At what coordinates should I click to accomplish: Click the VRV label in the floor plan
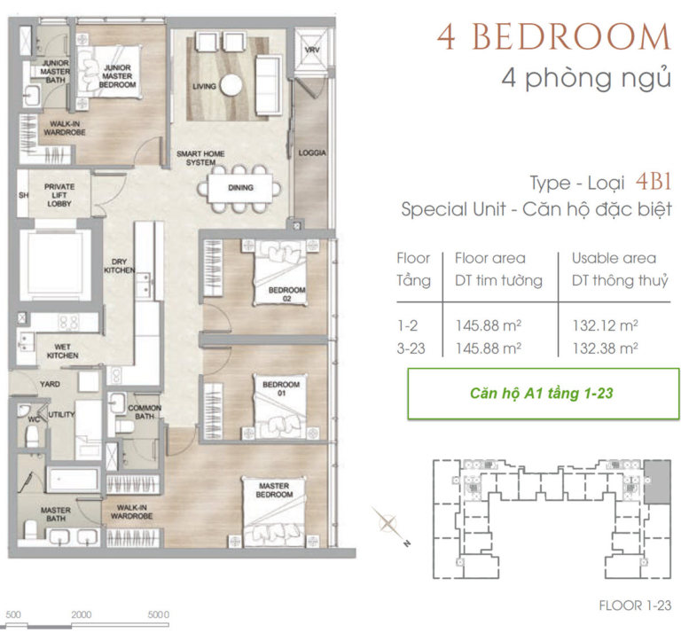(x=311, y=50)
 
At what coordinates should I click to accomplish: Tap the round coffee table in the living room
(x=231, y=84)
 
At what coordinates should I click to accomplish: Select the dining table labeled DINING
(x=240, y=188)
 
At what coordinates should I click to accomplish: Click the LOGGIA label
(x=312, y=152)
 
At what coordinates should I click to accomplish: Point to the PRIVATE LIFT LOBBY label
(x=59, y=195)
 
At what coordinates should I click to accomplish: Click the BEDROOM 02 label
(x=286, y=294)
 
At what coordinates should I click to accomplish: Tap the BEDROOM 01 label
(x=281, y=388)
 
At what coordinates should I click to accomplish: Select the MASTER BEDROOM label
(x=274, y=490)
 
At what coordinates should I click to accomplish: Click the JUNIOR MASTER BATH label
(x=55, y=72)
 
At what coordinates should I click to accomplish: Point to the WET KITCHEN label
(x=63, y=351)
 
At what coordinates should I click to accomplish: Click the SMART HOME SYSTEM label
(x=200, y=158)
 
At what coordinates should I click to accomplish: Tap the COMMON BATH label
(x=145, y=412)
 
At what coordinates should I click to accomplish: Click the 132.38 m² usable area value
(x=605, y=348)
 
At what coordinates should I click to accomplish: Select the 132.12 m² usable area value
(x=605, y=325)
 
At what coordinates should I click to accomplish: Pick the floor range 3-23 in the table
(x=411, y=348)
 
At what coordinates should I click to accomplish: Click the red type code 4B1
(x=654, y=182)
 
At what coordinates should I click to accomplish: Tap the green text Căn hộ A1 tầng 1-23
(x=541, y=394)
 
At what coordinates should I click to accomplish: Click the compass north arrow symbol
(x=389, y=523)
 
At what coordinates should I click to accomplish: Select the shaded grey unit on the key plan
(x=657, y=482)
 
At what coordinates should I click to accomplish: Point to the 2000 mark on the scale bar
(x=82, y=614)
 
